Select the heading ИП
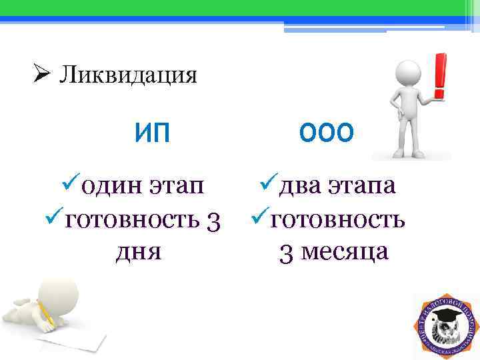152,133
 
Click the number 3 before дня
211,219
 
